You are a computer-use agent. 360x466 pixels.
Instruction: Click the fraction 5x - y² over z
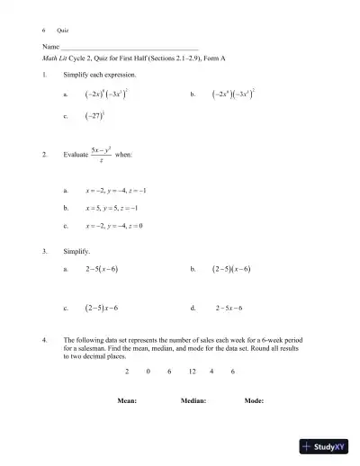pyautogui.click(x=101, y=155)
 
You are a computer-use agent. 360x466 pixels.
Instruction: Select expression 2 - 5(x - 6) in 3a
pyautogui.click(x=102, y=269)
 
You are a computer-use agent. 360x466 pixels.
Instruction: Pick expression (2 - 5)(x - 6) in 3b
pyautogui.click(x=231, y=269)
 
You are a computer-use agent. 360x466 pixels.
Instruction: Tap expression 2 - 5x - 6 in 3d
pyautogui.click(x=231, y=308)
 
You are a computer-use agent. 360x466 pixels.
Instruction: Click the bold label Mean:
pyautogui.click(x=127, y=400)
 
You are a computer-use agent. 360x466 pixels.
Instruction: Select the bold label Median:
pyautogui.click(x=193, y=400)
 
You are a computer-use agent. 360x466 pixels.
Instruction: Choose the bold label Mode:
pyautogui.click(x=254, y=400)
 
